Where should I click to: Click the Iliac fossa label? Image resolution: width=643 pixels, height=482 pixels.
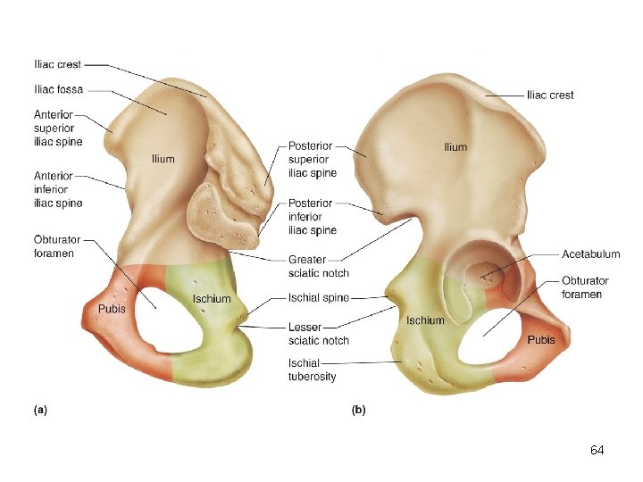click(x=58, y=89)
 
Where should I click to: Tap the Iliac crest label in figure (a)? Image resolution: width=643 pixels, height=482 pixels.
click(x=57, y=64)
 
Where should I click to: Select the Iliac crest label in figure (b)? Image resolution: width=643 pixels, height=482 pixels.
click(x=550, y=95)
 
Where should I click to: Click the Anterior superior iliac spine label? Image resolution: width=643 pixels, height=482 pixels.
click(x=58, y=128)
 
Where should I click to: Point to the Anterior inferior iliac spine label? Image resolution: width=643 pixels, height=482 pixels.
click(x=58, y=189)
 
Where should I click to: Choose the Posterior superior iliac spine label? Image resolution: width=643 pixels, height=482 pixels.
click(x=313, y=159)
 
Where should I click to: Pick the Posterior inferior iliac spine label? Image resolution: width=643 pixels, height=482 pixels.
click(x=313, y=217)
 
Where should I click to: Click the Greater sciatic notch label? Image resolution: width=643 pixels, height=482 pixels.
click(x=318, y=266)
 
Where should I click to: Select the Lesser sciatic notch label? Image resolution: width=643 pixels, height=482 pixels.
click(x=318, y=333)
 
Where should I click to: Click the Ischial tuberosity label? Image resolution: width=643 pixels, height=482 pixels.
click(x=313, y=370)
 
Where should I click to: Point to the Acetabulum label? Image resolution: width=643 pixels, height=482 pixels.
click(x=590, y=254)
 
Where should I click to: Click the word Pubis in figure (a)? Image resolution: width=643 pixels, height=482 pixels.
click(x=112, y=309)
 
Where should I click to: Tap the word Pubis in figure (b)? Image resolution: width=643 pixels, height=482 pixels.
click(x=541, y=340)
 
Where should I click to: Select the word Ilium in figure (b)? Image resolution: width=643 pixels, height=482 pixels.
click(x=455, y=146)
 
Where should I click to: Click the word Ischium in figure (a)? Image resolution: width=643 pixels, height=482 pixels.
click(x=212, y=299)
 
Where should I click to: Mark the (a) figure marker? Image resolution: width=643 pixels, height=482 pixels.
click(x=40, y=411)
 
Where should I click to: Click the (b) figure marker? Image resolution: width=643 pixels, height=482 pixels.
click(x=358, y=411)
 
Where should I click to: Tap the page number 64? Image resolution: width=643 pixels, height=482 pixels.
click(x=597, y=451)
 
